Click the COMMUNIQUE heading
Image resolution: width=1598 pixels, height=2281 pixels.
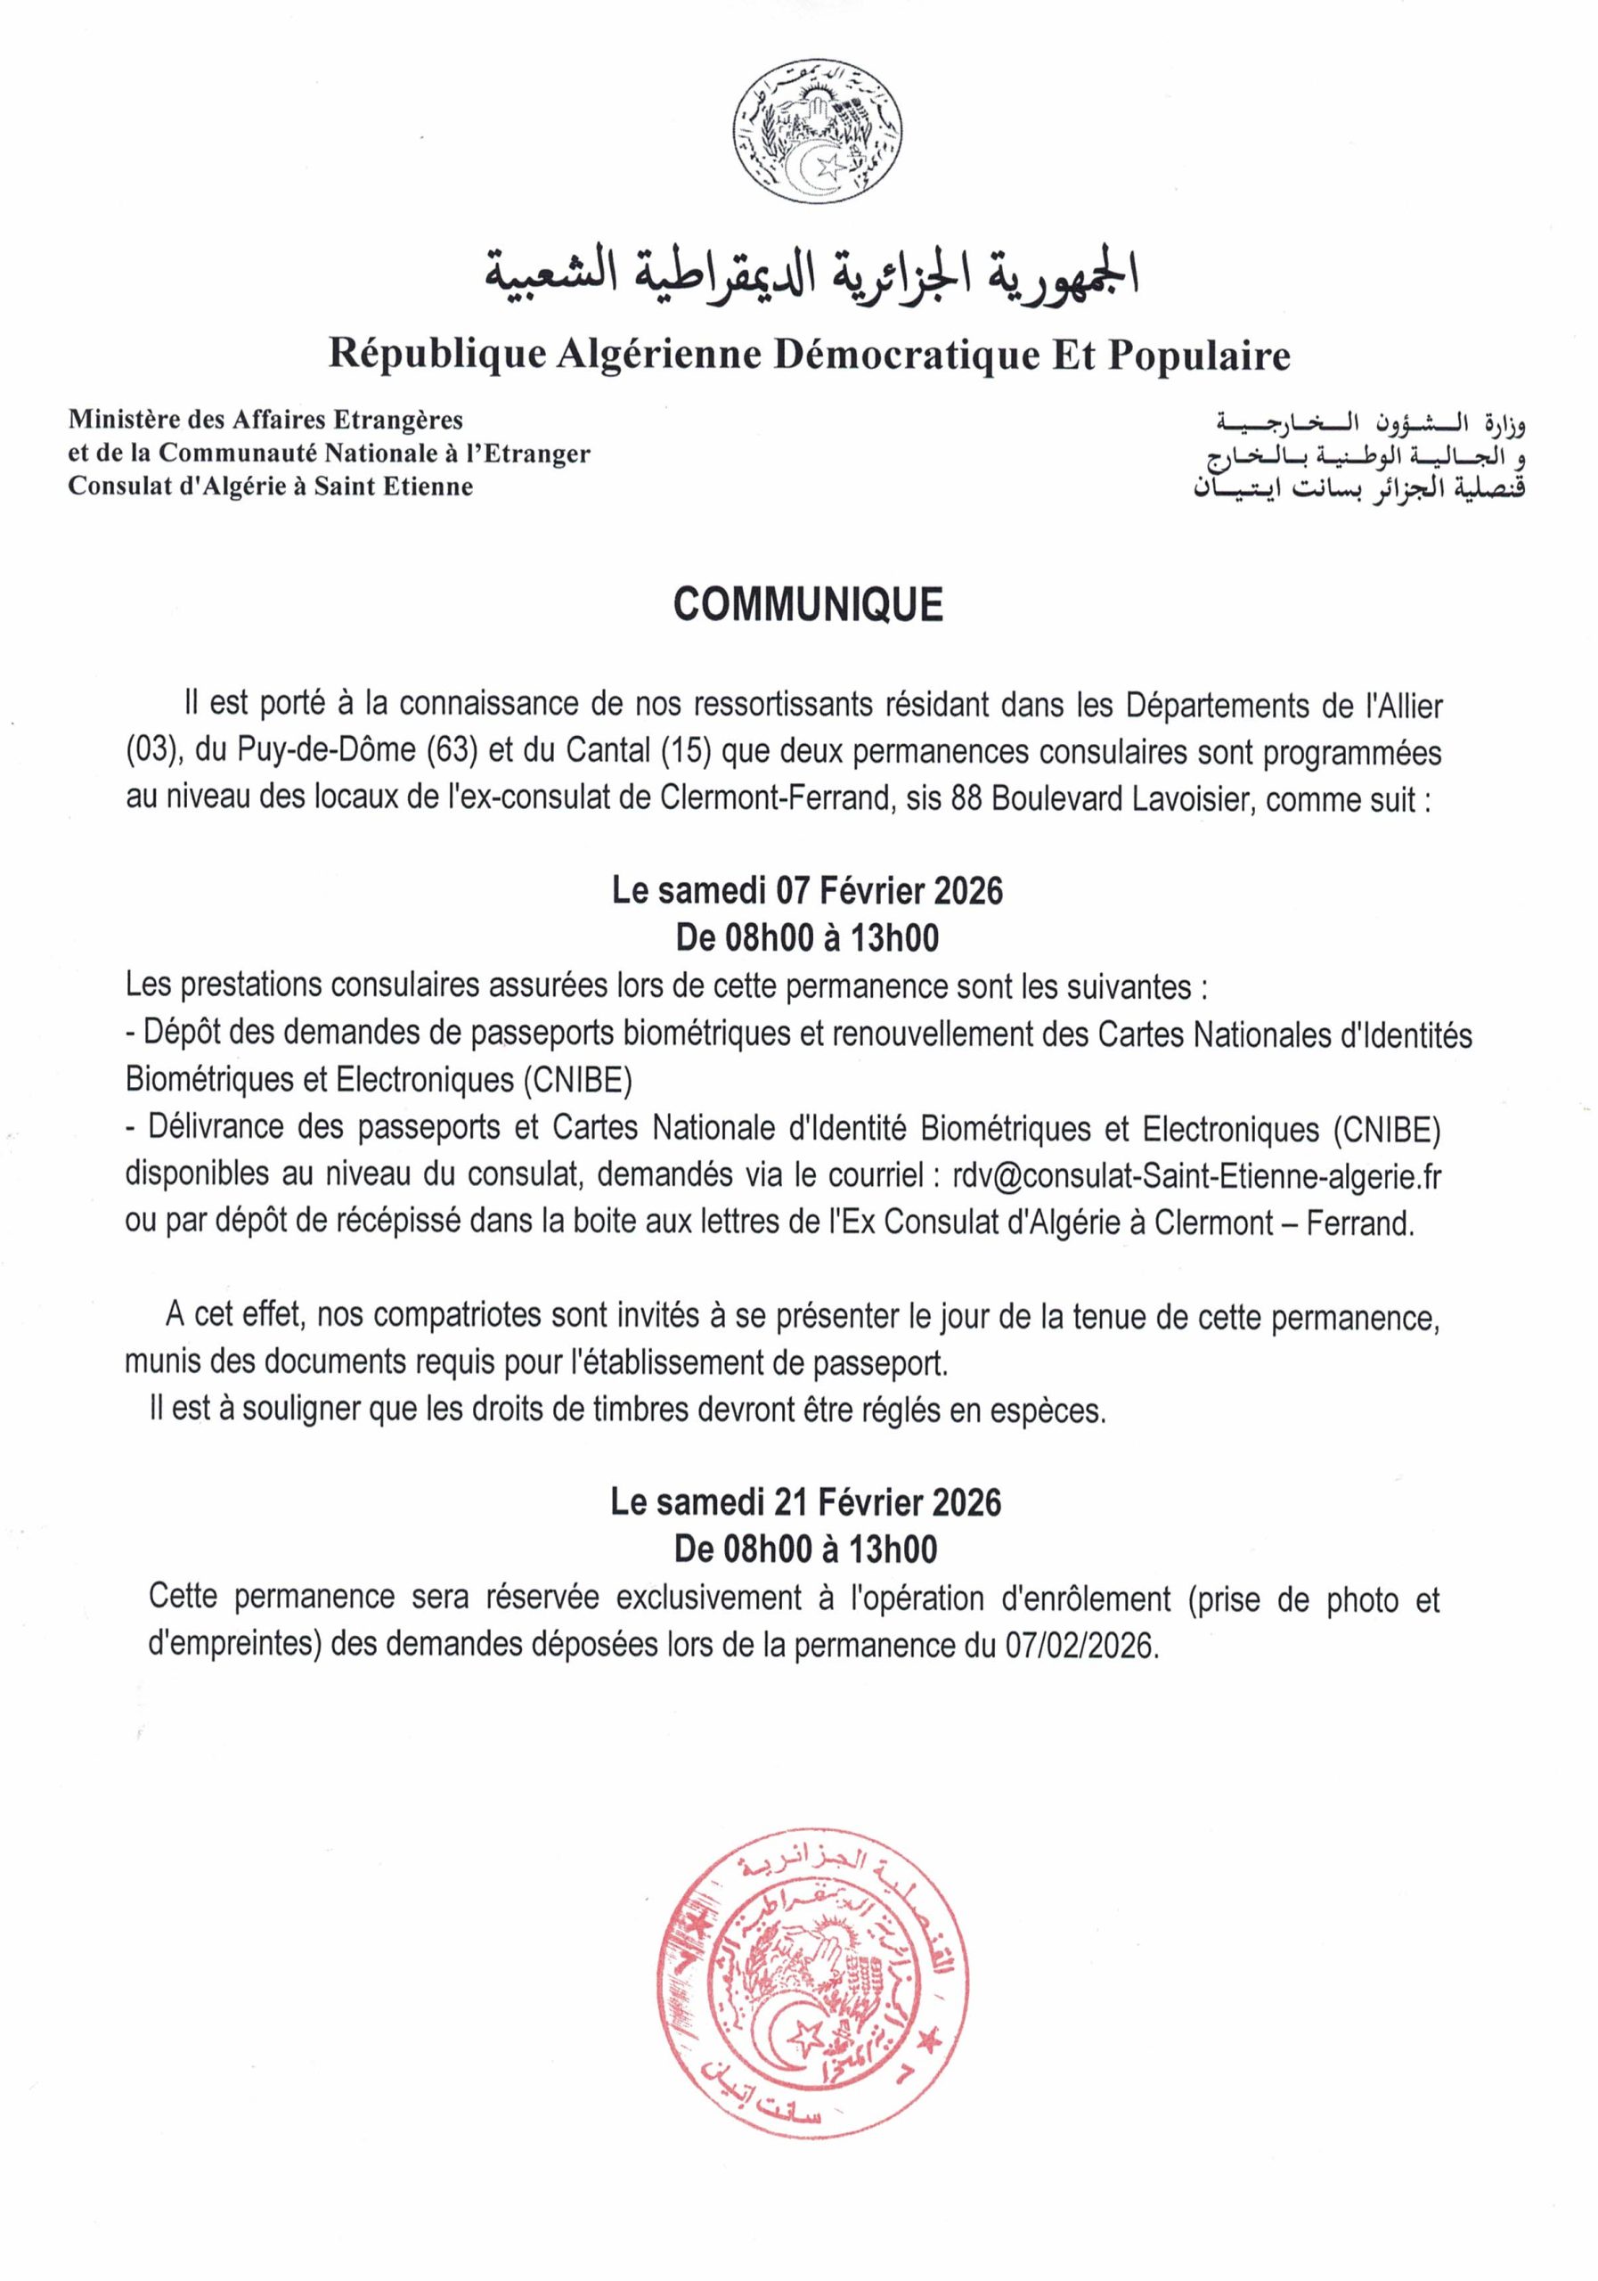coord(807,605)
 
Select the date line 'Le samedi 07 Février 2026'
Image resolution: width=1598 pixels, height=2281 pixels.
coord(807,890)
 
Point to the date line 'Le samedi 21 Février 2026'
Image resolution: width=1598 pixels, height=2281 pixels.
coord(805,1501)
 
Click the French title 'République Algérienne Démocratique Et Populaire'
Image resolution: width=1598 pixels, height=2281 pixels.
coord(809,355)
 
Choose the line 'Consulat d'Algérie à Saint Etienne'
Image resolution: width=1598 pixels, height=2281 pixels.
coord(270,486)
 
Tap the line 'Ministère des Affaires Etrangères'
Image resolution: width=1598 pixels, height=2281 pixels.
coord(265,421)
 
